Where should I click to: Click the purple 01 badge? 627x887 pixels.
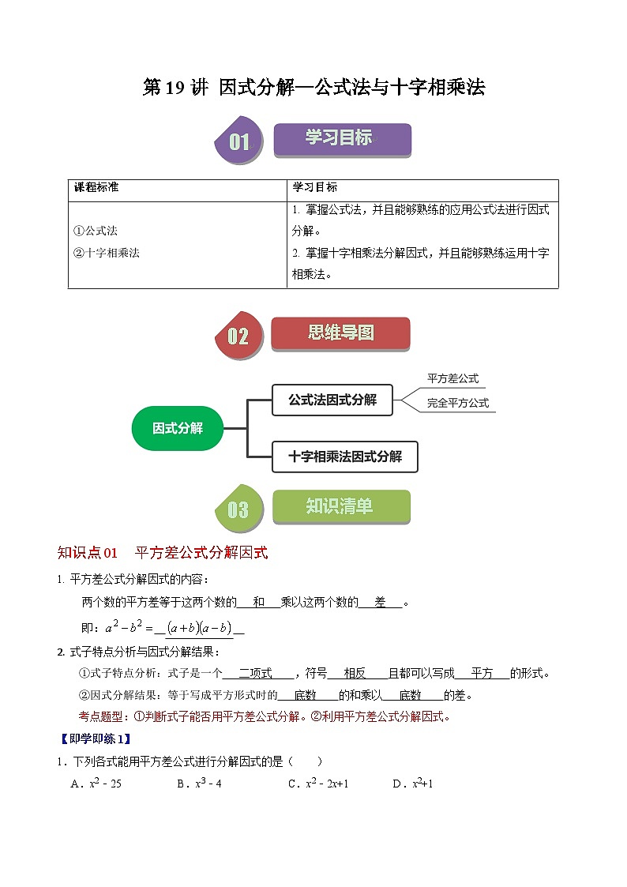pyautogui.click(x=238, y=142)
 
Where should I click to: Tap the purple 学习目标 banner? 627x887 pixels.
pyautogui.click(x=342, y=139)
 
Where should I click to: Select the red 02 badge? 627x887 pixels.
pyautogui.click(x=238, y=336)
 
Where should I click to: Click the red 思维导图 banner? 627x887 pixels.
pyautogui.click(x=340, y=333)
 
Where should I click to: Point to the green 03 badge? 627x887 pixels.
pyautogui.click(x=238, y=509)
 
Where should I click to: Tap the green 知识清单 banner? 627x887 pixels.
pyautogui.click(x=341, y=506)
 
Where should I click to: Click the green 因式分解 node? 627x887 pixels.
pyautogui.click(x=178, y=428)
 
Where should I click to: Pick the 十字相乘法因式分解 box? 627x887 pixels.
pyautogui.click(x=344, y=457)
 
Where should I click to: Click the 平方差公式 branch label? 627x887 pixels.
pyautogui.click(x=452, y=379)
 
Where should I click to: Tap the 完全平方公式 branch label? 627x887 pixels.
pyautogui.click(x=458, y=403)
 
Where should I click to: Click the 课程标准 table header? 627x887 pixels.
pyautogui.click(x=96, y=188)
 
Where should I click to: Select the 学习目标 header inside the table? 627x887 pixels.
pyautogui.click(x=314, y=188)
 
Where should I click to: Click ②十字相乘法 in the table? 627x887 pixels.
pyautogui.click(x=107, y=254)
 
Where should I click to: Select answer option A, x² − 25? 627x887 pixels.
pyautogui.click(x=96, y=784)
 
